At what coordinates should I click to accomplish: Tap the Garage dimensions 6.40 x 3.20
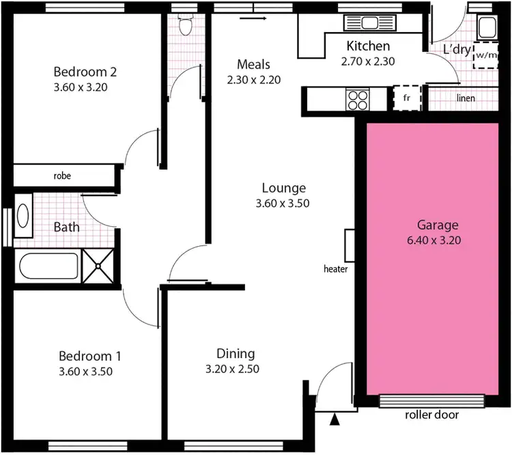(x=428, y=240)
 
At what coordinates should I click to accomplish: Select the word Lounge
(x=284, y=188)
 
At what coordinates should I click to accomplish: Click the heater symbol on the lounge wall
(x=350, y=245)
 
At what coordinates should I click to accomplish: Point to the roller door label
(x=431, y=415)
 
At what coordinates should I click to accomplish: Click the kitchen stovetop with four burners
(x=358, y=100)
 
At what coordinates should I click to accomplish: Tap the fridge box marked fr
(x=407, y=98)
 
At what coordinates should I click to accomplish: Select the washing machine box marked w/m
(x=486, y=55)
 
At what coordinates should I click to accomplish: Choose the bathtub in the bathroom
(x=46, y=267)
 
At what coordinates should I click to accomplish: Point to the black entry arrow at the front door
(x=335, y=420)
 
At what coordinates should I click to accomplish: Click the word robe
(x=62, y=176)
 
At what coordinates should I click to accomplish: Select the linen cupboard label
(x=466, y=98)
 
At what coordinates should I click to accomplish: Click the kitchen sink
(x=371, y=23)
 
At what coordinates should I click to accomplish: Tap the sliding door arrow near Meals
(x=254, y=19)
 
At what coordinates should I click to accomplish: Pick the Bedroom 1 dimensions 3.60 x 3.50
(x=85, y=372)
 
